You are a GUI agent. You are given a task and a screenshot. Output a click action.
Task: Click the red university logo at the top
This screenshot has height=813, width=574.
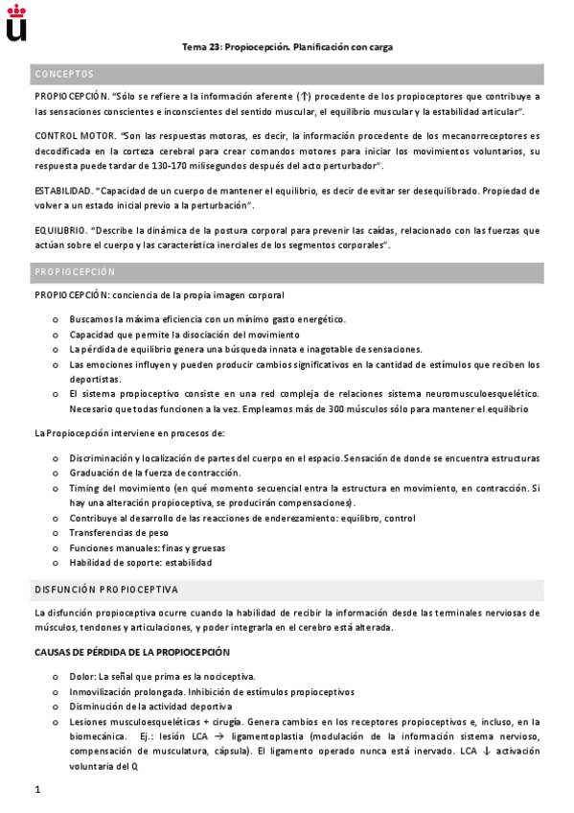coord(16,22)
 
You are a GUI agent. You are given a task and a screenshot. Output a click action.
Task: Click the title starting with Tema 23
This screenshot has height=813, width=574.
coord(287,46)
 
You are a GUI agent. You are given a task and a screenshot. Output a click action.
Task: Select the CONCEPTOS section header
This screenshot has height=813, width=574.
coord(64,74)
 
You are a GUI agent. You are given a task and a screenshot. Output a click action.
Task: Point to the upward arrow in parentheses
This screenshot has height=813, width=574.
coord(305,97)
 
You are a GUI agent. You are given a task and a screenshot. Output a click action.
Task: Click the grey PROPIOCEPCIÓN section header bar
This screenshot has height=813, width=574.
coord(287,271)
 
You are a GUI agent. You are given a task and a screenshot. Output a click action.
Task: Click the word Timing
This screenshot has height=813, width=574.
coord(84,488)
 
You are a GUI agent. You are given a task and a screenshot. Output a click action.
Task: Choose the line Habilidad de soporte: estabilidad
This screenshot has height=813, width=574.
coord(140,562)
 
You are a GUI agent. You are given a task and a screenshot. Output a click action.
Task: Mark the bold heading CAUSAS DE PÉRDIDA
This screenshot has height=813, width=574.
coord(132,652)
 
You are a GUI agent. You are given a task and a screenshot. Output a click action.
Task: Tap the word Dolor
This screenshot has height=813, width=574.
coord(82,676)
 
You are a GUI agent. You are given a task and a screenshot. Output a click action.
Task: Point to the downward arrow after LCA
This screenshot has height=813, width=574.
coord(487,752)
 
